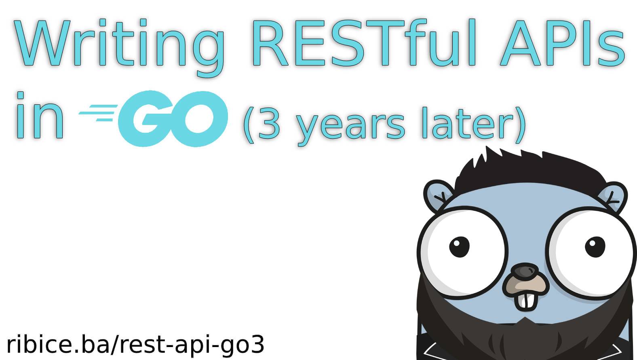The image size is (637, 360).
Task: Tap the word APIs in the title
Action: (x=562, y=42)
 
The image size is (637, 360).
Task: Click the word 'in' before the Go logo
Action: (x=40, y=115)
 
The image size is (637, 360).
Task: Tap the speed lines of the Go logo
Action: (x=98, y=113)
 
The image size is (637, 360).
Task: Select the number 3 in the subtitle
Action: (x=269, y=123)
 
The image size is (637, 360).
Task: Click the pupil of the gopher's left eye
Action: (x=459, y=247)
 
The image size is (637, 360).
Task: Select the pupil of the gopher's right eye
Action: (x=595, y=247)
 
